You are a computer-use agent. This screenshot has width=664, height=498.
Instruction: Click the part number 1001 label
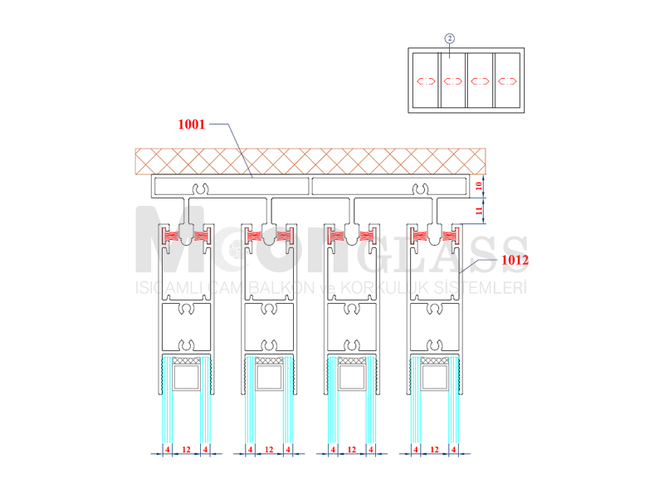[x=192, y=124]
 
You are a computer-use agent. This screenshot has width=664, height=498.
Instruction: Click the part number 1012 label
[x=515, y=260]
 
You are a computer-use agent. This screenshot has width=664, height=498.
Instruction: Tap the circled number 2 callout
[x=450, y=38]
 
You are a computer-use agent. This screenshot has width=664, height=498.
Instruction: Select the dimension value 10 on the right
[x=479, y=185]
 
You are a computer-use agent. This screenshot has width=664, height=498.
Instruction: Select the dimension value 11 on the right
[x=479, y=211]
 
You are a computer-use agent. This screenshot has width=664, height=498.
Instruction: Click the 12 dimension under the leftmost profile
[x=186, y=449]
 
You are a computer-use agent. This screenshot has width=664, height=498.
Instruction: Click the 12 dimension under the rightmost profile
[x=434, y=449]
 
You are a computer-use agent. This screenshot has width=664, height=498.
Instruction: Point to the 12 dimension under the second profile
[x=269, y=449]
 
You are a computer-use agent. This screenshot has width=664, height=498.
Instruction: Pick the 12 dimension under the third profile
[x=352, y=449]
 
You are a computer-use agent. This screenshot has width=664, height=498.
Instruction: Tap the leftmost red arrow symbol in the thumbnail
[x=426, y=81]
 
